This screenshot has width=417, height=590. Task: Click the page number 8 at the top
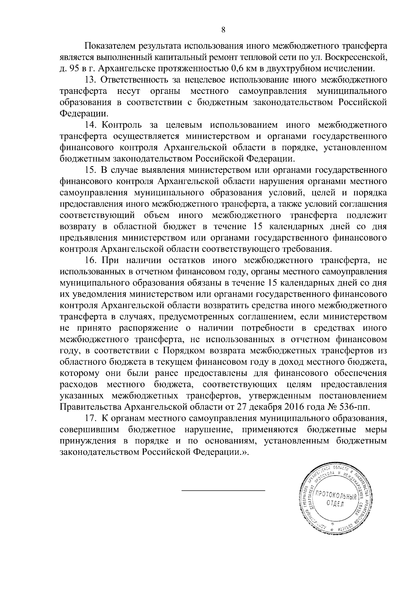223,30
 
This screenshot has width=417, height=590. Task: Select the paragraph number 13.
90,80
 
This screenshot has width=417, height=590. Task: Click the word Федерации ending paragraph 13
84,114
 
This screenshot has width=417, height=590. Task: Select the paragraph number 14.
90,125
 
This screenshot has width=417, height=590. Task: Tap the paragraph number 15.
90,170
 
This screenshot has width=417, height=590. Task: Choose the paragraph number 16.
90,260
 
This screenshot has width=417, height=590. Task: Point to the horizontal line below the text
223,491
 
